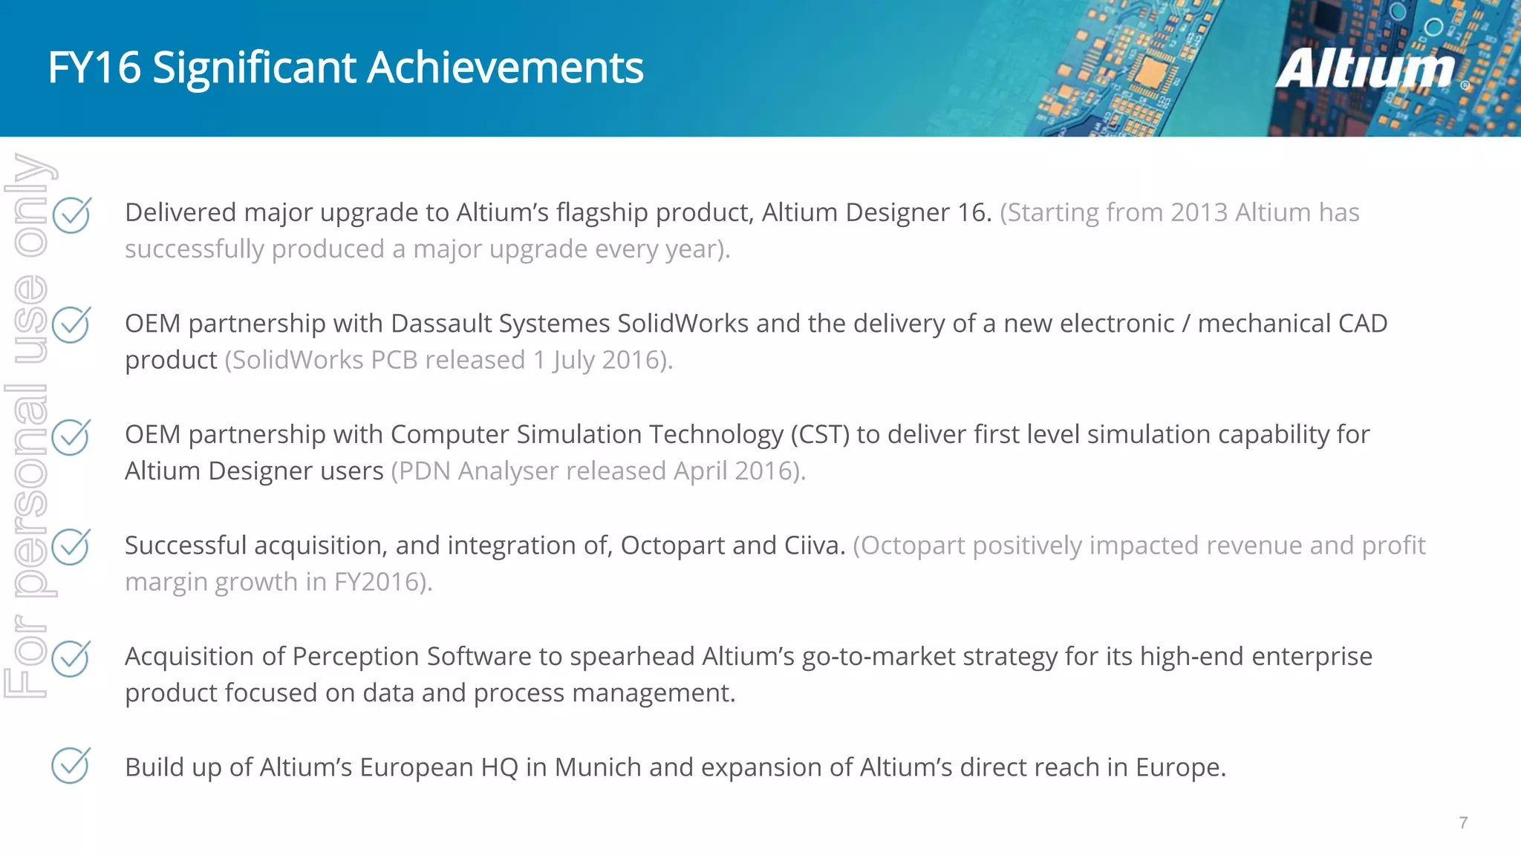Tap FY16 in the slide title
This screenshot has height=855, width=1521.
94,68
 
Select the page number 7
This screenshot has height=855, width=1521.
1463,822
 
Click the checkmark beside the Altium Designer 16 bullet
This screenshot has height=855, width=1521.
71,215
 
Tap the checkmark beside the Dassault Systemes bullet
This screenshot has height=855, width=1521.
71,325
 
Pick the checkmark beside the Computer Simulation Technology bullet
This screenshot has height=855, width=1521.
71,436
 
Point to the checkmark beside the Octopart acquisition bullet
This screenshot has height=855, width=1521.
71,547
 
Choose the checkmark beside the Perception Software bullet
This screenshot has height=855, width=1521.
71,658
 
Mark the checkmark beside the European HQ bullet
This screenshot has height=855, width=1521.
71,765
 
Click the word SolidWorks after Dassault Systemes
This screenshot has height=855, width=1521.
683,324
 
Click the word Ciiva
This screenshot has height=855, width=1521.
815,546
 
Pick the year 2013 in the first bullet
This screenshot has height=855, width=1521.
1199,213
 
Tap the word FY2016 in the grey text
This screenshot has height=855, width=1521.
379,582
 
